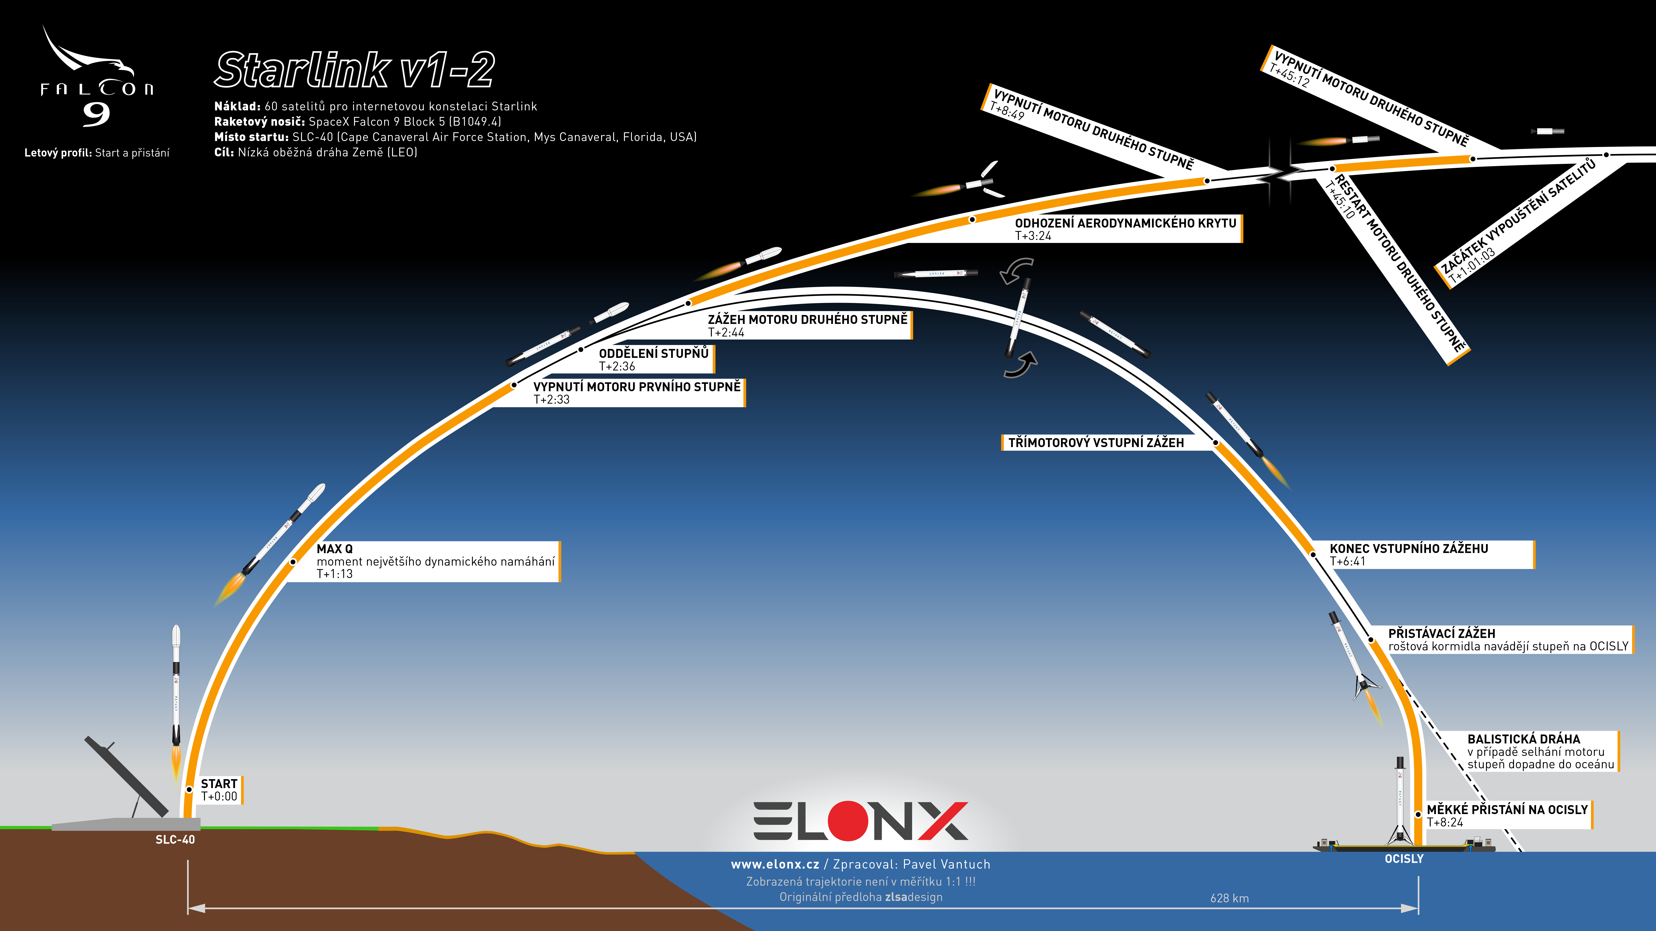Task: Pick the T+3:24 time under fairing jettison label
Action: tap(1033, 236)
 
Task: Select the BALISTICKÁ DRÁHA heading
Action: tap(1524, 739)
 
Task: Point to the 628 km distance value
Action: tap(1229, 898)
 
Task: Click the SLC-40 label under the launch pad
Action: tap(175, 840)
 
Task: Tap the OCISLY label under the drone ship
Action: tap(1404, 859)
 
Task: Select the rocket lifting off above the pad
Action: tap(176, 700)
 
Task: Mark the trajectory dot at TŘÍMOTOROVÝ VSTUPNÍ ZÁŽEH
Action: tap(1216, 443)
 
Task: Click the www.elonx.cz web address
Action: tap(775, 864)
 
